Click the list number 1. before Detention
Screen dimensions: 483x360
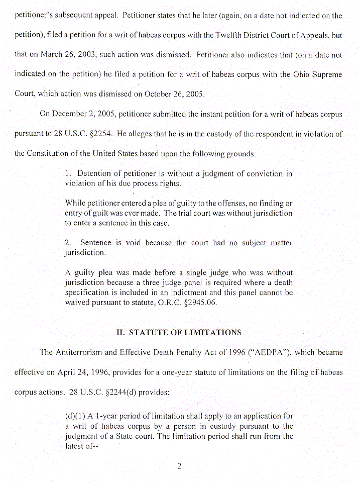(68, 174)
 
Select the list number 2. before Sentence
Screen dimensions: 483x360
(69, 243)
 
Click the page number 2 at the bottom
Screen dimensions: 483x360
(179, 466)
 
